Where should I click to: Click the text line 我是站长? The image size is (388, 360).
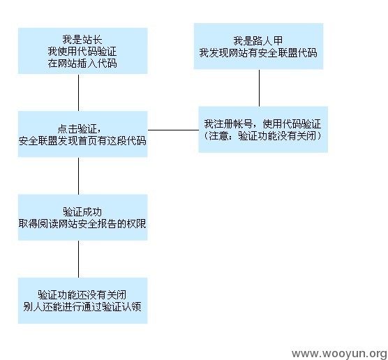coord(82,40)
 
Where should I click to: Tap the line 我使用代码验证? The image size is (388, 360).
coord(82,52)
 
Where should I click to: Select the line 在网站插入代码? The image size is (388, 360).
coord(82,63)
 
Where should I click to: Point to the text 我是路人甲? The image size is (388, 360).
coord(258,41)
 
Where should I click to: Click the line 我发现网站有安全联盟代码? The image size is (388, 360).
coord(258,53)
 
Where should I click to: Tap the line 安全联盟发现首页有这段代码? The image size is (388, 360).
coord(82,141)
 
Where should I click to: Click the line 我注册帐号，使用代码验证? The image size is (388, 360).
coord(262,123)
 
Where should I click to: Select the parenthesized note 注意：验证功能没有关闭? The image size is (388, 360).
coord(262,135)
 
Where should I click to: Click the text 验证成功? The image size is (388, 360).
coord(82,212)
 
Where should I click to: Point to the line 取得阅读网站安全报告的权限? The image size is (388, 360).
coord(82,224)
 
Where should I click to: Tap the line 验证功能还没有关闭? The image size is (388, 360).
coord(82,294)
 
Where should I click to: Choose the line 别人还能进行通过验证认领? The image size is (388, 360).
coord(82,307)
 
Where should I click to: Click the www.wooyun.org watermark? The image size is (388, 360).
coord(339,353)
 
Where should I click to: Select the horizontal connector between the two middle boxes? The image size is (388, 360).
coord(173,130)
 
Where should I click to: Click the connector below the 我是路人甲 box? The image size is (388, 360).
coord(259,88)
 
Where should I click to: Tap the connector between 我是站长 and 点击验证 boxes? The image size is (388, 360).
coord(78,92)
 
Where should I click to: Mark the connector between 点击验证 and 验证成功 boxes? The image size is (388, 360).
coord(78,176)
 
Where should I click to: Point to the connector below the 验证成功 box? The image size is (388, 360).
coord(78,259)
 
